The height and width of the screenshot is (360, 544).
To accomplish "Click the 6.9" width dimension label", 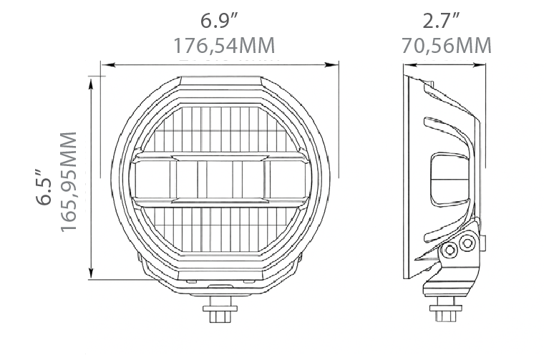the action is coord(219,20).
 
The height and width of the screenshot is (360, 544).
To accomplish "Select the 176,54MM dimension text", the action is coord(224,45).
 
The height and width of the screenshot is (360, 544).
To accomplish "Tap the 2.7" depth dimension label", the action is coord(441,20).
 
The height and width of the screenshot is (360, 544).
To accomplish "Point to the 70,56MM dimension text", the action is coord(447,45).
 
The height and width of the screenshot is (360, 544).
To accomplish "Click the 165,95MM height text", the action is coord(68,182).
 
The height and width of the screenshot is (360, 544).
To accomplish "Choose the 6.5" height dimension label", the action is coord(44,188).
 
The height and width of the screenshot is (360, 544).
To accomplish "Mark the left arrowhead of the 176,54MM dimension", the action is coord(108,64).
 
